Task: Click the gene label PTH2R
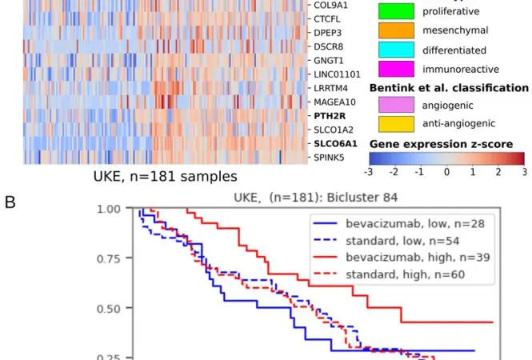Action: pyautogui.click(x=330, y=116)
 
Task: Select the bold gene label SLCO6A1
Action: pyautogui.click(x=335, y=144)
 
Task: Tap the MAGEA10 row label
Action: pyautogui.click(x=334, y=102)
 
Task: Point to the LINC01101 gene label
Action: pyautogui.click(x=337, y=74)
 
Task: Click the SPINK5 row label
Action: pyautogui.click(x=329, y=158)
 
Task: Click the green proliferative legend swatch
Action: pyautogui.click(x=396, y=11)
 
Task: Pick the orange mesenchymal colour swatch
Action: pyautogui.click(x=396, y=30)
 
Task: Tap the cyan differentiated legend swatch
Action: pyautogui.click(x=396, y=50)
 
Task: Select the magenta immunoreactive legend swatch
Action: pyautogui.click(x=396, y=69)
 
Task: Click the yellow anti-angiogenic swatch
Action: pyautogui.click(x=396, y=124)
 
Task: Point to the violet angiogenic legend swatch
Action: pyautogui.click(x=396, y=105)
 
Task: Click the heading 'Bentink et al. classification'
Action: pyautogui.click(x=449, y=88)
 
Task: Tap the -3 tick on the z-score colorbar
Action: pyautogui.click(x=369, y=172)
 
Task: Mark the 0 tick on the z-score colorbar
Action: pyautogui.click(x=447, y=172)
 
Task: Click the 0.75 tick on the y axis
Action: pyautogui.click(x=109, y=259)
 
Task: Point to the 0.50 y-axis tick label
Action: pyautogui.click(x=109, y=309)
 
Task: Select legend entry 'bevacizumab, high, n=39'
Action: pyautogui.click(x=418, y=257)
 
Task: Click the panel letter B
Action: pyautogui.click(x=10, y=202)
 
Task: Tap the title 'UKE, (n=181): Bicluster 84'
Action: pyautogui.click(x=315, y=198)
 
